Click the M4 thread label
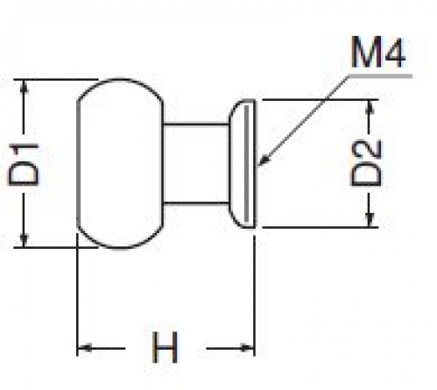click(378, 53)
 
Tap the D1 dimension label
click(24, 164)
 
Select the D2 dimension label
click(366, 163)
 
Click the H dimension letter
click(165, 347)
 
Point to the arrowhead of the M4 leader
click(264, 160)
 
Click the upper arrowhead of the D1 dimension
click(24, 87)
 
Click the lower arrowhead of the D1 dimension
click(24, 240)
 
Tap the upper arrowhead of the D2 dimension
click(370, 107)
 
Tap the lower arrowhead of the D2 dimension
click(370, 220)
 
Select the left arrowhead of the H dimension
click(85, 348)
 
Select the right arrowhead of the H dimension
click(247, 348)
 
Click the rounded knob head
click(120, 164)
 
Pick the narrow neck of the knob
click(195, 164)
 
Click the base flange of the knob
click(242, 164)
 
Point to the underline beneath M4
click(381, 76)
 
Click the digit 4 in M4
click(393, 53)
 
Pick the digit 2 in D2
click(366, 151)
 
